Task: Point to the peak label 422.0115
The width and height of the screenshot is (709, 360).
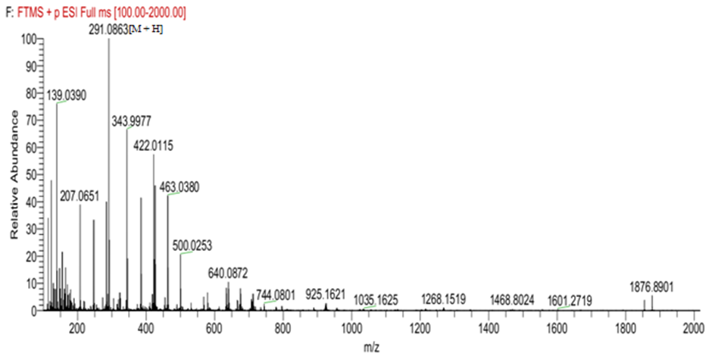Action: [154, 145]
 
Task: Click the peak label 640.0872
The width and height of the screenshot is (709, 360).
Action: [228, 272]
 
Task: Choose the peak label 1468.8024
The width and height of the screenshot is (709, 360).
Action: [513, 298]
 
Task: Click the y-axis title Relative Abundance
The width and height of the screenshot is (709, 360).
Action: [15, 174]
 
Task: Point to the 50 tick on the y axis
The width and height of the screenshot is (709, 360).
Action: [30, 174]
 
